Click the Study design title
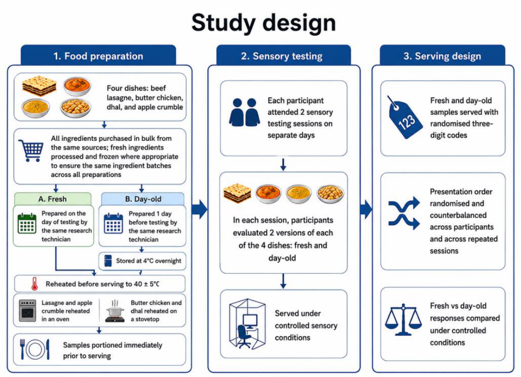(264, 23)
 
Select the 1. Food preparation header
(98, 56)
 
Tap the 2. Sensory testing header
(282, 56)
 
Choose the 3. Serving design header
(442, 56)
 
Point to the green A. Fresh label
(53, 199)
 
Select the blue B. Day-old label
(143, 199)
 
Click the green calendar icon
(27, 224)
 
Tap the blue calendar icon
(113, 224)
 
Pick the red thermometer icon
(34, 284)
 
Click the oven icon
(28, 310)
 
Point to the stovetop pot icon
(115, 311)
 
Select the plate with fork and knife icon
(35, 349)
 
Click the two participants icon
(244, 112)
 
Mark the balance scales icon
(403, 319)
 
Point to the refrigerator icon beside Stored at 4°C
(108, 261)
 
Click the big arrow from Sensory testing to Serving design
(366, 209)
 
